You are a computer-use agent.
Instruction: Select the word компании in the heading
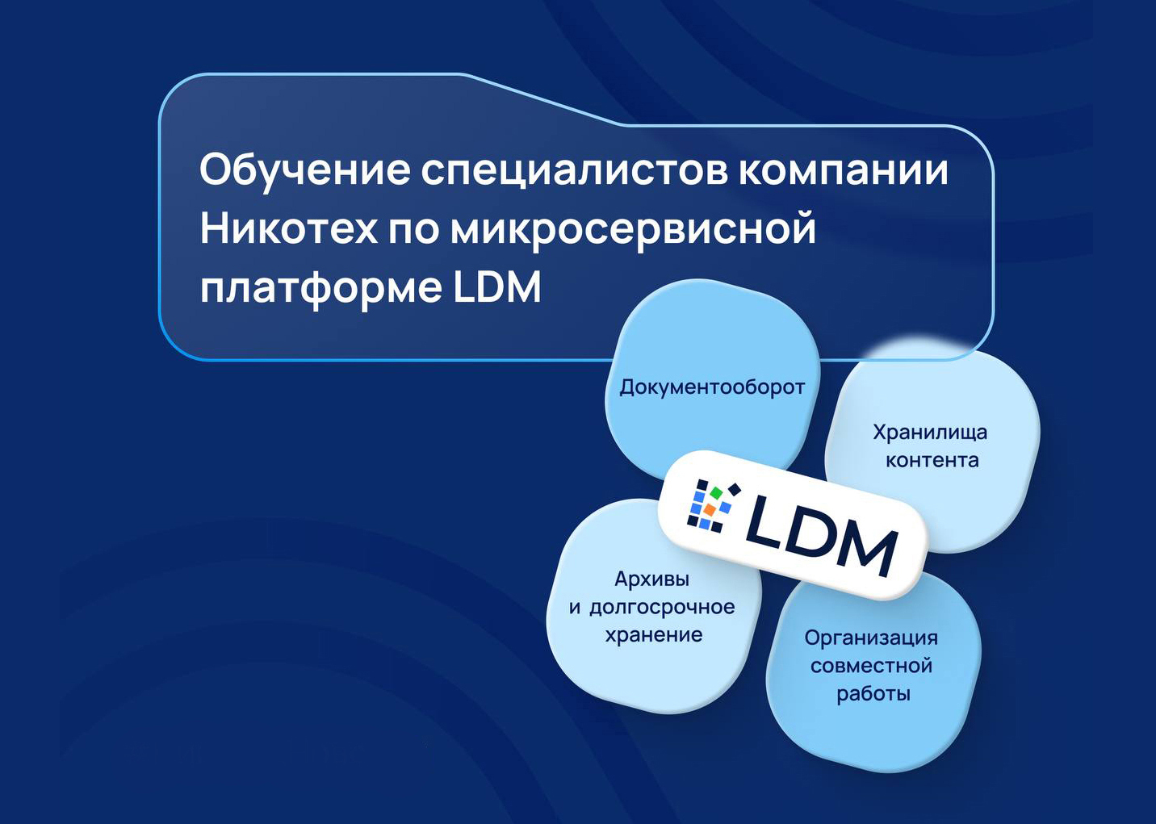[x=844, y=171]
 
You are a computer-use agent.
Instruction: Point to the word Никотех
[x=288, y=228]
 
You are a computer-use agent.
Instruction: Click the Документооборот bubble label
[x=712, y=387]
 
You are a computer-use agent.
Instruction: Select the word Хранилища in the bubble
[x=930, y=433]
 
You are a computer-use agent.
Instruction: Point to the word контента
[x=932, y=460]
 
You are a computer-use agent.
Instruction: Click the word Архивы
[x=651, y=579]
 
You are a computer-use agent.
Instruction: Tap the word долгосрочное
[x=662, y=608]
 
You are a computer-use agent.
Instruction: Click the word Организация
[x=871, y=638]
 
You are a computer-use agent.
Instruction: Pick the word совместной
[x=871, y=666]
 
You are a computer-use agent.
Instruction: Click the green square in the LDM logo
[x=714, y=493]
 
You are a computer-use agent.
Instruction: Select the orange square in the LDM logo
[x=709, y=510]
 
